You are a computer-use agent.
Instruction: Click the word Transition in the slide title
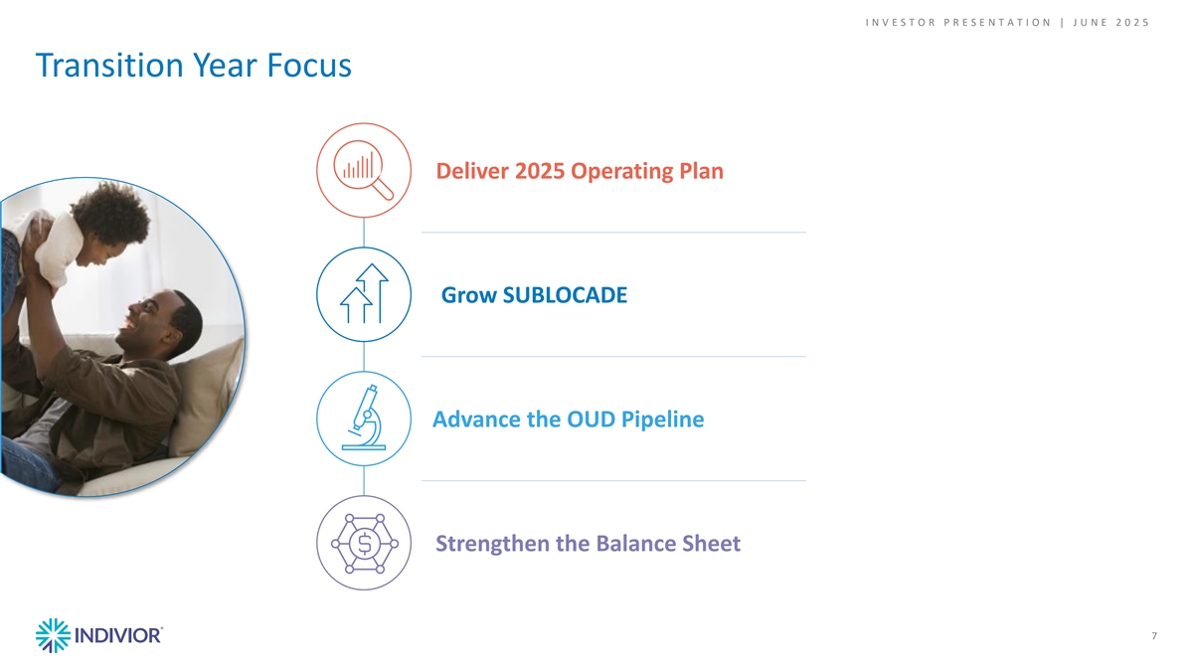coord(109,65)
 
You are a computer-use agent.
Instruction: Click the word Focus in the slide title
coord(309,65)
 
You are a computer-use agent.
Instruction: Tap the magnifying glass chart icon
coord(364,170)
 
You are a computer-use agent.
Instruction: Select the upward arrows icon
coord(364,293)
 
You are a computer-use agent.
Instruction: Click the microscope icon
coord(364,418)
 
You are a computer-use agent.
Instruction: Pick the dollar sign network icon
coord(364,543)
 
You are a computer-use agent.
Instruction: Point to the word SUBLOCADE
coord(565,295)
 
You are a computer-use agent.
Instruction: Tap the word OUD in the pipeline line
coord(592,419)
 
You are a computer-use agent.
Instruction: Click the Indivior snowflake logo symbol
coord(53,635)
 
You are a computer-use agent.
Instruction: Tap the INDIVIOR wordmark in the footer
coord(117,636)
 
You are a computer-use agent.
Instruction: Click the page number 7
coord(1154,636)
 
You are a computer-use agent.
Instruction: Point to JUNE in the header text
coord(1090,22)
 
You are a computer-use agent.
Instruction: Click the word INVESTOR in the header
coord(901,22)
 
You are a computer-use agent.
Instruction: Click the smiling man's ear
coord(171,334)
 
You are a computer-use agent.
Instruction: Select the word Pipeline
coord(662,420)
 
